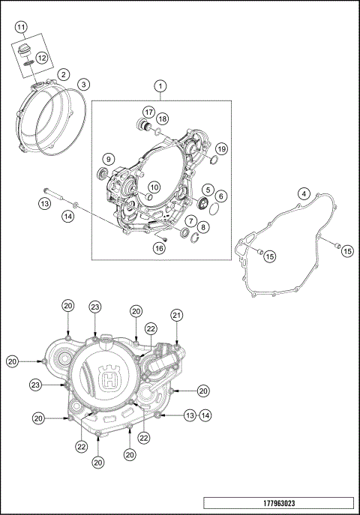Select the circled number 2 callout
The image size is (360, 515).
(x=64, y=74)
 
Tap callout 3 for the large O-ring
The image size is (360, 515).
(x=84, y=84)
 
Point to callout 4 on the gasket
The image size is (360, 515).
(x=303, y=193)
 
